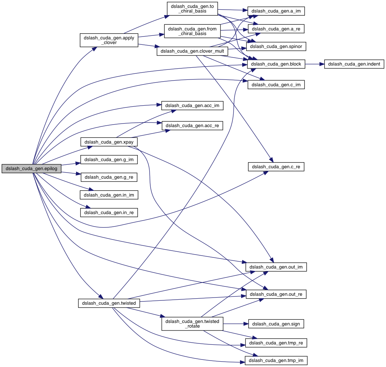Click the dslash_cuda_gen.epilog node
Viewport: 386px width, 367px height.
(31, 169)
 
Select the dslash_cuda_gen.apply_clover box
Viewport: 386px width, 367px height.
(109, 40)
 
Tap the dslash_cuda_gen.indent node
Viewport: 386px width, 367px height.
(354, 64)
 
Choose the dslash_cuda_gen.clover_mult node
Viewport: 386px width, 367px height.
(193, 51)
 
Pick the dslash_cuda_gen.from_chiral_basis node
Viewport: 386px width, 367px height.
(192, 31)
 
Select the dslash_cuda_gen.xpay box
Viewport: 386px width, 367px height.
(109, 142)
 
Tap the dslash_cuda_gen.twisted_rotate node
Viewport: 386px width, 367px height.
(193, 324)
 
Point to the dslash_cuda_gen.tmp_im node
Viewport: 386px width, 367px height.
(276, 360)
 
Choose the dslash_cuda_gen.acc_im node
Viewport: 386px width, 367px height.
(193, 106)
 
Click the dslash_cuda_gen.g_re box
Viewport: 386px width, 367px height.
(109, 177)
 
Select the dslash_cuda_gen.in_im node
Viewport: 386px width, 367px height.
(109, 195)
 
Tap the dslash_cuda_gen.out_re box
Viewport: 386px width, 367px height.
(276, 294)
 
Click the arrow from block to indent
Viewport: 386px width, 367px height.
(315, 64)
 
